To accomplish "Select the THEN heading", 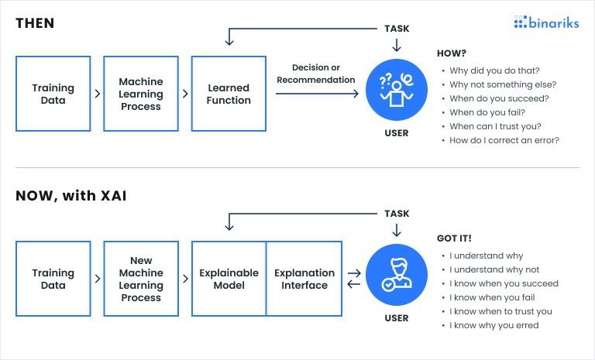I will click(x=35, y=23).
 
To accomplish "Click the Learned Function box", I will click(x=229, y=94).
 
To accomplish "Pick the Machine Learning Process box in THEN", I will click(x=141, y=94).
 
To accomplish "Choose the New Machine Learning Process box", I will click(x=141, y=279).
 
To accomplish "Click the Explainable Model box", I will click(x=229, y=279).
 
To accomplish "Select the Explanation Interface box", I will click(x=304, y=279).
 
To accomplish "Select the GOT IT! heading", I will click(x=455, y=238).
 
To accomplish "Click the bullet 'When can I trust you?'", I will click(x=494, y=126).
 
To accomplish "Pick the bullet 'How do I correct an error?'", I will click(x=504, y=140).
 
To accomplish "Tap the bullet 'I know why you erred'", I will click(x=494, y=325).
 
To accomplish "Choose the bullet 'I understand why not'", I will click(x=494, y=269).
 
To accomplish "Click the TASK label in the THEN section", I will click(x=397, y=29).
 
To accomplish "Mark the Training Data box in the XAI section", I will click(x=53, y=279).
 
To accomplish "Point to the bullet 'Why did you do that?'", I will click(x=494, y=70).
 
